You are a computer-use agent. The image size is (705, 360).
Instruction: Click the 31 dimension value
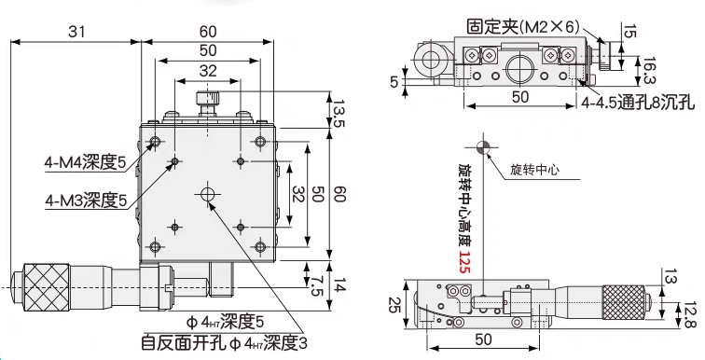[76, 32]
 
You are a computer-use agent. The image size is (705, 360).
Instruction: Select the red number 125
[464, 261]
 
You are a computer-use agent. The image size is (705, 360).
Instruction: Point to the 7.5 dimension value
[317, 285]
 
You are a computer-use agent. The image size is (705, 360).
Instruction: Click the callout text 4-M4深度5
[85, 161]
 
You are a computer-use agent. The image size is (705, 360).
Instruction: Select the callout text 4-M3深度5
[86, 200]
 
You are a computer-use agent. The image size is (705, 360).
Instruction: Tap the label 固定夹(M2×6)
[523, 27]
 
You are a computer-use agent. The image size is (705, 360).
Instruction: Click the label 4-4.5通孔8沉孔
[638, 103]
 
